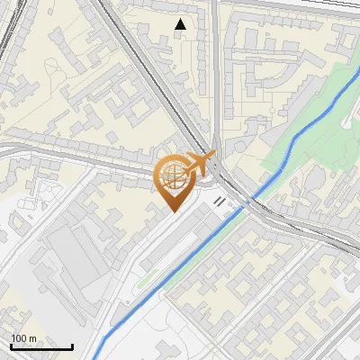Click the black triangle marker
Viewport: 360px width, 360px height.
[x=181, y=25]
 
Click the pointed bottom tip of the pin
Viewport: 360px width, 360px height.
[x=173, y=211]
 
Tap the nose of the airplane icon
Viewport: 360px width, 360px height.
[x=212, y=157]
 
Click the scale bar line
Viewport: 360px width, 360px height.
[x=40, y=347]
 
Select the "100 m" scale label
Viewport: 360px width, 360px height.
[x=23, y=338]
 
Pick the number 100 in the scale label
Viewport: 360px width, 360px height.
[x=19, y=338]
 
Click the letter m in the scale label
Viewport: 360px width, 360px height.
[x=32, y=338]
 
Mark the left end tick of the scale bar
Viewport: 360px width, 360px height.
[x=10, y=346]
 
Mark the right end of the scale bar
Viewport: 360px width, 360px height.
[x=72, y=346]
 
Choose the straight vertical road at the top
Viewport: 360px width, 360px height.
[x=216, y=54]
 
